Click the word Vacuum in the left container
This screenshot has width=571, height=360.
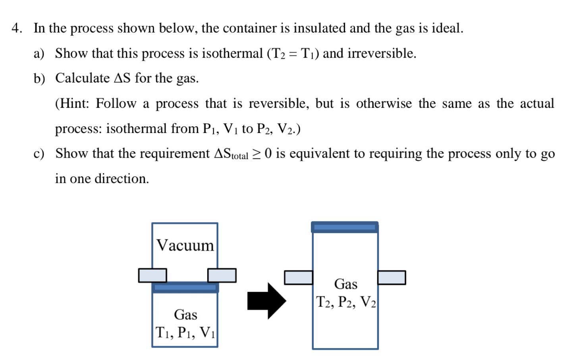[185, 245]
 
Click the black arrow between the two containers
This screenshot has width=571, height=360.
[266, 300]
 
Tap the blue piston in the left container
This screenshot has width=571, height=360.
[185, 287]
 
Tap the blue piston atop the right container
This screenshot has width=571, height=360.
[345, 227]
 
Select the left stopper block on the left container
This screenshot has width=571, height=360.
[152, 275]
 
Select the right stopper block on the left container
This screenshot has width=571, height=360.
[222, 275]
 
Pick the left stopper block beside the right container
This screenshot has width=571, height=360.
[299, 277]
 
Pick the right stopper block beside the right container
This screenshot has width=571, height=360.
[392, 277]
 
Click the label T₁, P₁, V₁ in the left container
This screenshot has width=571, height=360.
[185, 332]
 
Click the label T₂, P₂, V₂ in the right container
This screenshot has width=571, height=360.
[346, 302]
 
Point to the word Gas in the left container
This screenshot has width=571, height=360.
[185, 315]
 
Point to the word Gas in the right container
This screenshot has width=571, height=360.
[345, 284]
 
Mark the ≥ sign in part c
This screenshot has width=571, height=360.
[257, 154]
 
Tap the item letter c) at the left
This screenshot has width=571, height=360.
[39, 154]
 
